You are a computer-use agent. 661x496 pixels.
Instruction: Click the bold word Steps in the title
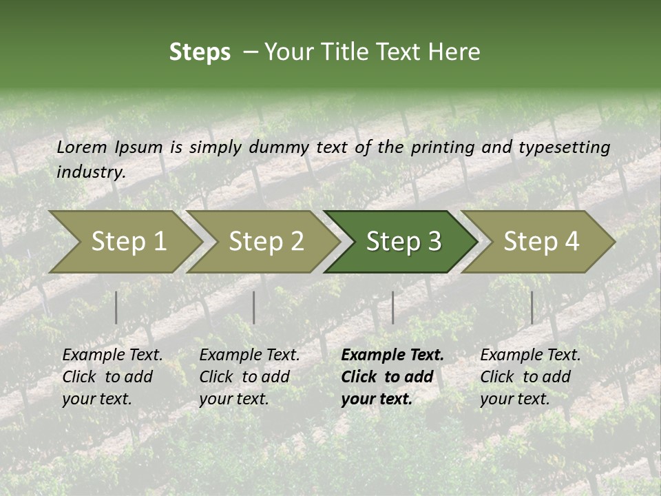[x=200, y=52]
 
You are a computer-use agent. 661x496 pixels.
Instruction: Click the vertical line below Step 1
[x=116, y=307]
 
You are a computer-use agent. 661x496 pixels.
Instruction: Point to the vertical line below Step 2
[x=254, y=307]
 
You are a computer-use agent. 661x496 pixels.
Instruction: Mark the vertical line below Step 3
[x=392, y=307]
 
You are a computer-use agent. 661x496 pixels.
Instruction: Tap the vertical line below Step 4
[x=532, y=307]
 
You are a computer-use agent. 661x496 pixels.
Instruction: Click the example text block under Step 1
[x=112, y=377]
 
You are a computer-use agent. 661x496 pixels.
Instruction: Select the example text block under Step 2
[x=249, y=377]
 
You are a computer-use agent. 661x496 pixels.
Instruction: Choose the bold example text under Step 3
[x=392, y=377]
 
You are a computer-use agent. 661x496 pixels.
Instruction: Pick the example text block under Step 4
[x=530, y=377]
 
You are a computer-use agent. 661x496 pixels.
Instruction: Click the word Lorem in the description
[x=82, y=147]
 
